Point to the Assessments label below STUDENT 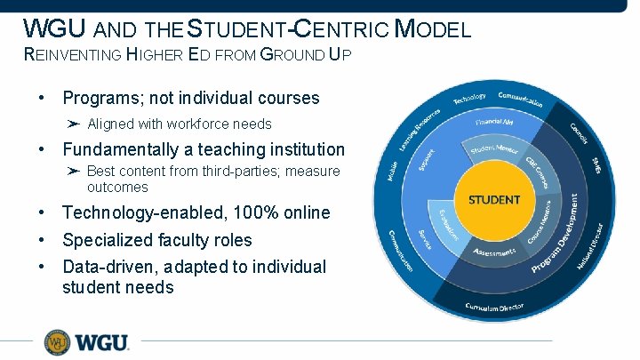pos(493,253)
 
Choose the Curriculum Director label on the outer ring pos(494,308)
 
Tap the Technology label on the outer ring pos(469,98)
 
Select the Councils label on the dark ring pos(580,132)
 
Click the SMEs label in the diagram pos(596,165)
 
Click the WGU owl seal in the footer pos(58,342)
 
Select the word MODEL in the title pos(433,29)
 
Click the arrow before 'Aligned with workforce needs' pos(74,124)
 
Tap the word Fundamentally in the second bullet pos(121,149)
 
